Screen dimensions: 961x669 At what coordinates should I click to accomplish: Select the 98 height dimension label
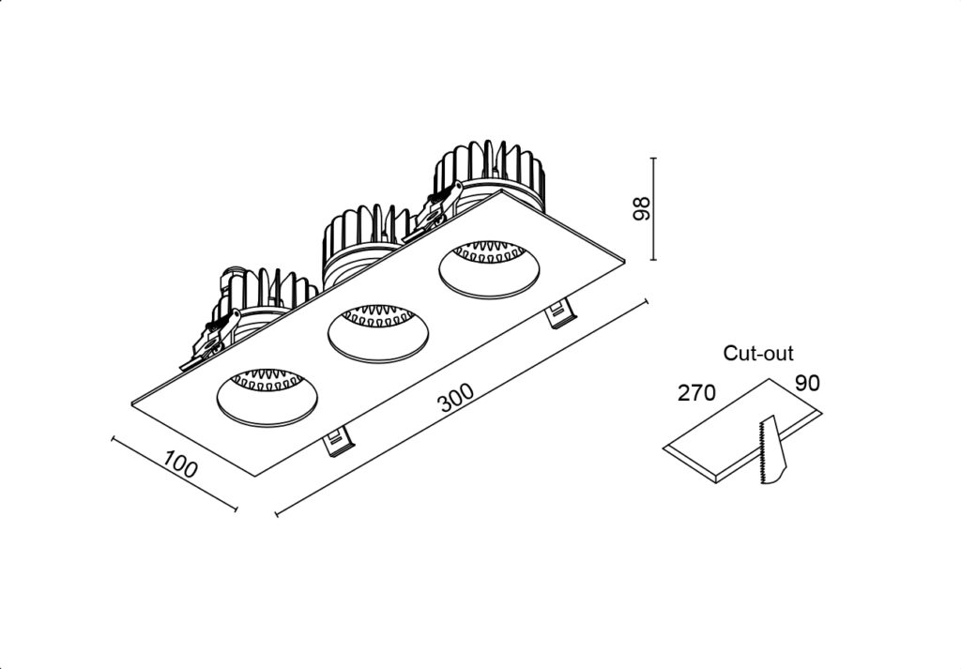tap(640, 209)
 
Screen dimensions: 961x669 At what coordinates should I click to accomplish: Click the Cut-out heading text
tap(758, 354)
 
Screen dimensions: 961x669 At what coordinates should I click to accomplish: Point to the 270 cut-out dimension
tap(696, 393)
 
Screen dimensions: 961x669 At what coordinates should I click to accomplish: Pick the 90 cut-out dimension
tap(807, 384)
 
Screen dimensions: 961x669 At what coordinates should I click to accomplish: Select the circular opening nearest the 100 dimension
tap(267, 395)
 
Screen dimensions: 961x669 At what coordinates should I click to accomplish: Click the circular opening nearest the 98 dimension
tap(489, 268)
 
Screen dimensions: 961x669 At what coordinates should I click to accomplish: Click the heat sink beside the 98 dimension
tap(489, 174)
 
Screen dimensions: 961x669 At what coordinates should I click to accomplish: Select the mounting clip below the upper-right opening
tap(559, 315)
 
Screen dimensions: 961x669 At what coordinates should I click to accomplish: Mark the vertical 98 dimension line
tap(654, 209)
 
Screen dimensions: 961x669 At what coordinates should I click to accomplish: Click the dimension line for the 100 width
tap(174, 473)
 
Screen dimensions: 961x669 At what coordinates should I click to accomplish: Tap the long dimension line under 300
tap(462, 408)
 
